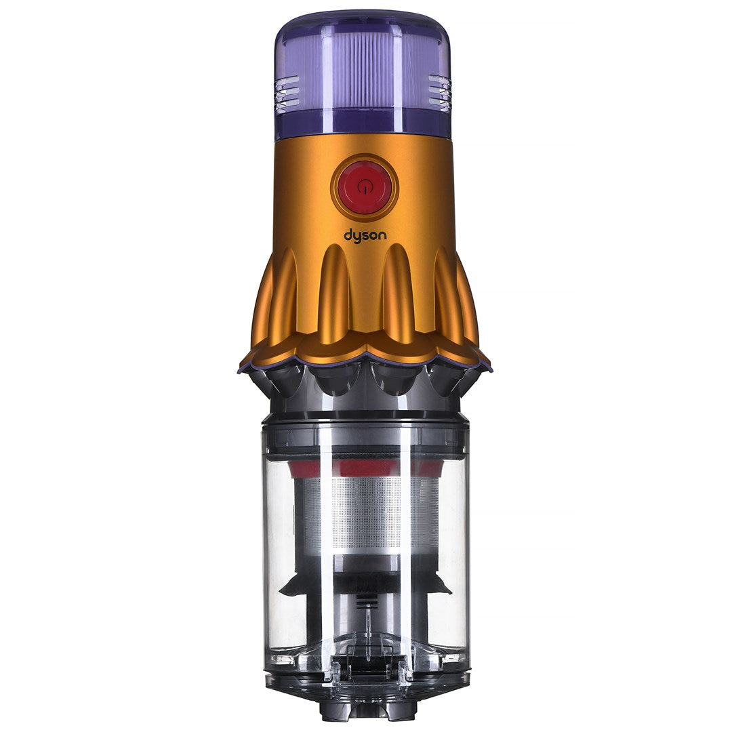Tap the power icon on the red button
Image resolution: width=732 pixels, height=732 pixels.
365,185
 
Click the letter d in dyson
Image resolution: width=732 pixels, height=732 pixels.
348,235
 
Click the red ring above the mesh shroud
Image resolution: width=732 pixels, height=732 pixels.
366,468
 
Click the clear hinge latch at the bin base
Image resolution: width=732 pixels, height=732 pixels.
366,671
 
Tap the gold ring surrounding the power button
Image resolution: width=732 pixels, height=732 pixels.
365,160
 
